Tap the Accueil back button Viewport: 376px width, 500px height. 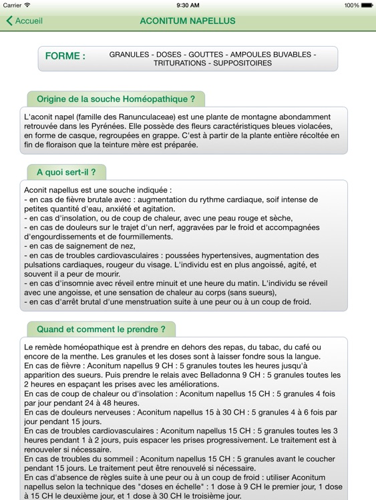[25, 21]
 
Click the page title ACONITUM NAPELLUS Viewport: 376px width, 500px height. [188, 21]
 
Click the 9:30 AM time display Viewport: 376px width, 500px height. [188, 5]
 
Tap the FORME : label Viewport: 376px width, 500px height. [65, 57]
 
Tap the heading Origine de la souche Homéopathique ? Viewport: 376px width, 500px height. [116, 99]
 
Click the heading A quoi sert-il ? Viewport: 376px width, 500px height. [66, 172]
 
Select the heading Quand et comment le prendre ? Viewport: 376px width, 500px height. [101, 329]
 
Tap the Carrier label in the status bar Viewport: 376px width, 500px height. [13, 5]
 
